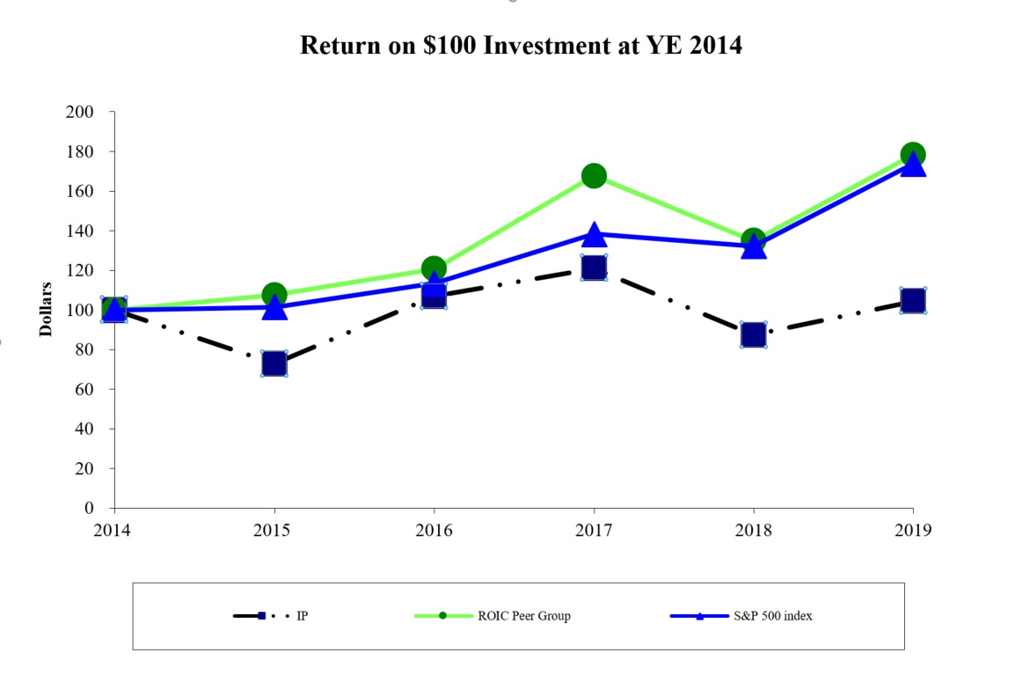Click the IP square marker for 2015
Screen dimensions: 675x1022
coord(274,363)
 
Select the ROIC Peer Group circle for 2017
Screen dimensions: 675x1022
coord(594,176)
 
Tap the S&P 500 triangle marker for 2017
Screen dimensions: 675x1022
coord(594,235)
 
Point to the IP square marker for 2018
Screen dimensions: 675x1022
coord(753,334)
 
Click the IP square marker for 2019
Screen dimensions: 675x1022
coord(913,301)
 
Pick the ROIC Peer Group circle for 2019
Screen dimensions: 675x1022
coord(913,154)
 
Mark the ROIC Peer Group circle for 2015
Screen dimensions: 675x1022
coord(274,295)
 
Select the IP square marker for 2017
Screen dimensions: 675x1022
coord(594,268)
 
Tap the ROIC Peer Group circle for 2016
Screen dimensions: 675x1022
coord(434,268)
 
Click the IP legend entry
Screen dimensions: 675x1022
coord(302,616)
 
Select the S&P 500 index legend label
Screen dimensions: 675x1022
coord(774,616)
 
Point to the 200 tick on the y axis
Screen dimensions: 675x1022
coord(81,112)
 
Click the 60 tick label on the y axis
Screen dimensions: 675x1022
coord(84,389)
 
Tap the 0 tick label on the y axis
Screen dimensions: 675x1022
coord(89,509)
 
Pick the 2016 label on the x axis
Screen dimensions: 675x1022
coord(434,530)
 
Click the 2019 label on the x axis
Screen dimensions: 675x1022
coord(913,530)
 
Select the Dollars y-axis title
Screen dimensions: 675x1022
coord(45,310)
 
